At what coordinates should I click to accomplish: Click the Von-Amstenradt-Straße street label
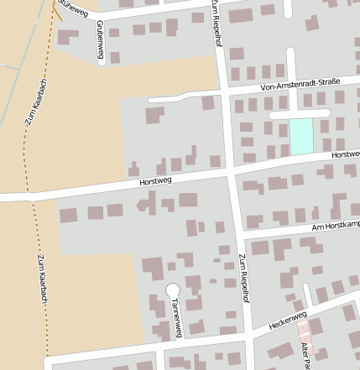pyautogui.click(x=300, y=82)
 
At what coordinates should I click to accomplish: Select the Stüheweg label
pyautogui.click(x=72, y=8)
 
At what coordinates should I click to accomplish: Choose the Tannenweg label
pyautogui.click(x=175, y=317)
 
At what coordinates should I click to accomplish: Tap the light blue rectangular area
pyautogui.click(x=300, y=135)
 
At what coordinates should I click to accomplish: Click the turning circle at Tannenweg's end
pyautogui.click(x=172, y=289)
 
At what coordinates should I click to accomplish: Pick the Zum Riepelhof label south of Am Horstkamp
pyautogui.click(x=243, y=277)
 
